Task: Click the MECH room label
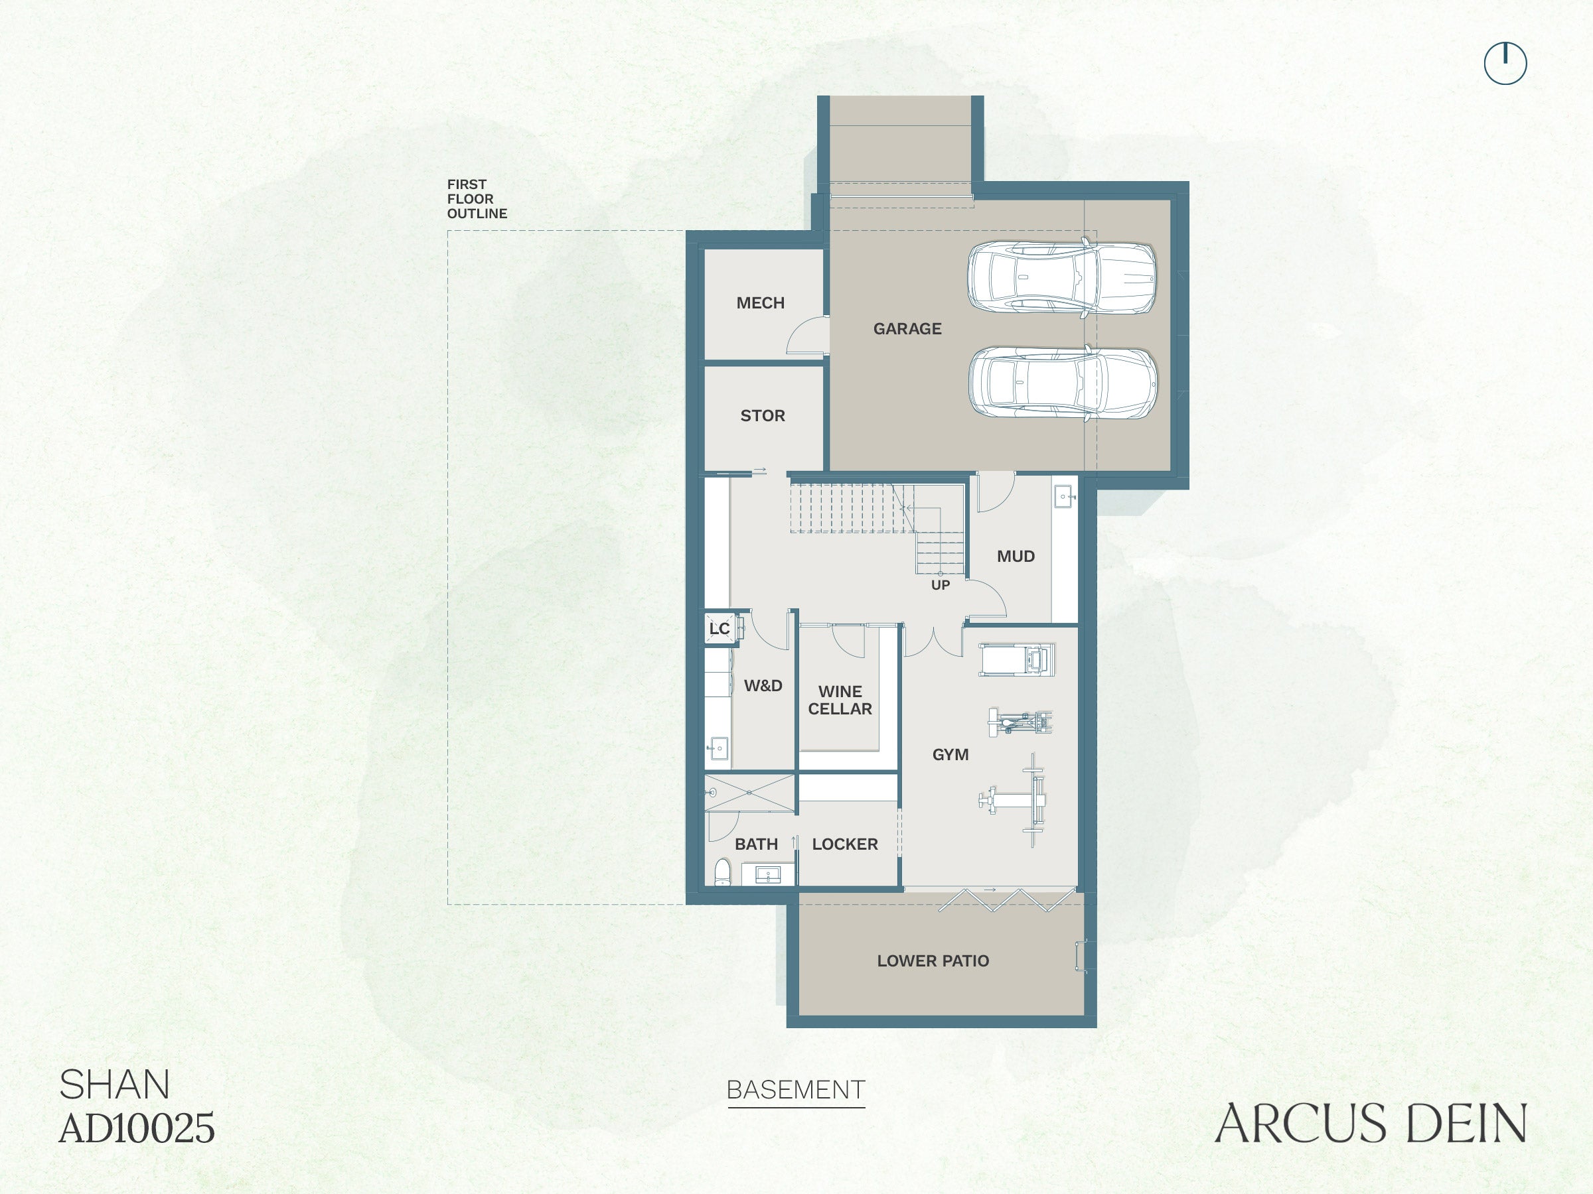click(761, 303)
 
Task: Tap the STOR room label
click(763, 416)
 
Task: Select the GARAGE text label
click(907, 329)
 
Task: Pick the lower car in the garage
click(1063, 382)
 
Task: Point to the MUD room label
click(1016, 557)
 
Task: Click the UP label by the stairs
click(941, 585)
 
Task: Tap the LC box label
click(720, 628)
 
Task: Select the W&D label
click(763, 686)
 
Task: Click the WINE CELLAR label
click(840, 700)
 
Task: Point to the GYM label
click(950, 755)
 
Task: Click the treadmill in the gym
click(1017, 660)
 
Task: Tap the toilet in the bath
click(722, 872)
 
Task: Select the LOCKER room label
click(845, 844)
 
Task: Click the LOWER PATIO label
click(933, 961)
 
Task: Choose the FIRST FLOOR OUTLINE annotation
click(477, 198)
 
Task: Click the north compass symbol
click(1505, 63)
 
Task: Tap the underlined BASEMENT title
click(796, 1091)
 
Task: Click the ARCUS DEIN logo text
click(1371, 1124)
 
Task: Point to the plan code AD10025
click(137, 1128)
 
